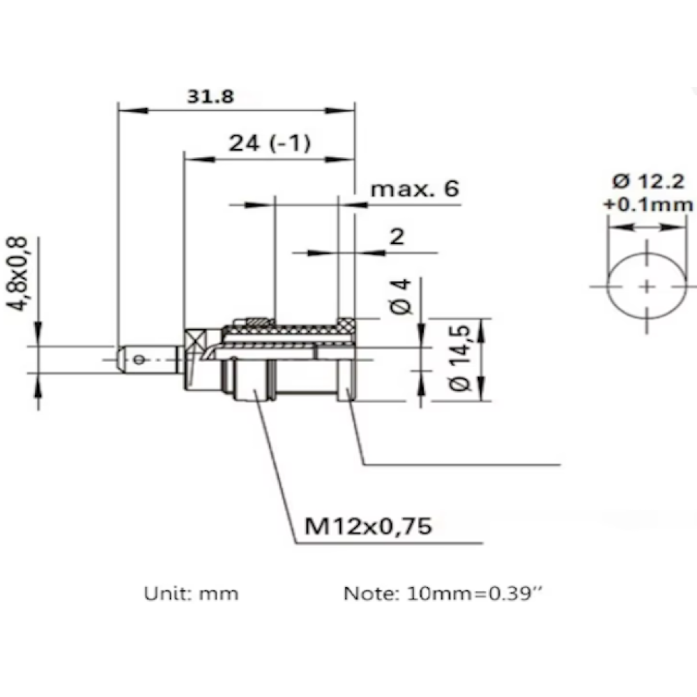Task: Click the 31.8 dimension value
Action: (x=210, y=96)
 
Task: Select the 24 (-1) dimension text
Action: (x=269, y=143)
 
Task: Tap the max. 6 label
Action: (x=415, y=189)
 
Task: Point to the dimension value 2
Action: (x=397, y=236)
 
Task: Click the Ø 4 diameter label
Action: (x=401, y=296)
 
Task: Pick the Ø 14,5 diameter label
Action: (x=459, y=358)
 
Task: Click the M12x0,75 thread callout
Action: (x=368, y=526)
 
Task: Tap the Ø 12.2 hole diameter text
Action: (x=648, y=181)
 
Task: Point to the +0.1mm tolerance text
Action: (x=648, y=205)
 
